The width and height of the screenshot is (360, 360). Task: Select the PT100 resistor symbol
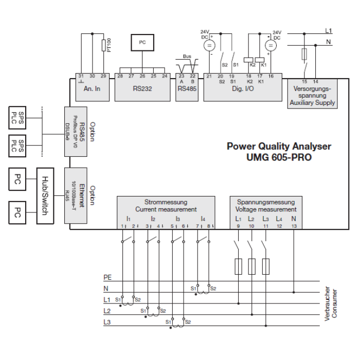coord(104,46)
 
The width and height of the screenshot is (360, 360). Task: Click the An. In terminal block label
coord(94,88)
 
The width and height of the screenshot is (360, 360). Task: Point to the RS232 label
coord(142,88)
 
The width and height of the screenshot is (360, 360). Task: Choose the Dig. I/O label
coord(243,88)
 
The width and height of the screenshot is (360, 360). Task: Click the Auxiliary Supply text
coord(312,102)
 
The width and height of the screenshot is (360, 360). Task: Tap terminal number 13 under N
coord(294,226)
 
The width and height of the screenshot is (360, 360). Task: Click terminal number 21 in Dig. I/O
coord(209,76)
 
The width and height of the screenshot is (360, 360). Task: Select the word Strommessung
coord(166,202)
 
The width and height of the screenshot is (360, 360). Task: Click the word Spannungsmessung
coord(265,202)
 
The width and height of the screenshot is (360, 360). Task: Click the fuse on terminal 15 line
coord(305,53)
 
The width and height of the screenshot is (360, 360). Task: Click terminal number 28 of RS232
coord(120,76)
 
